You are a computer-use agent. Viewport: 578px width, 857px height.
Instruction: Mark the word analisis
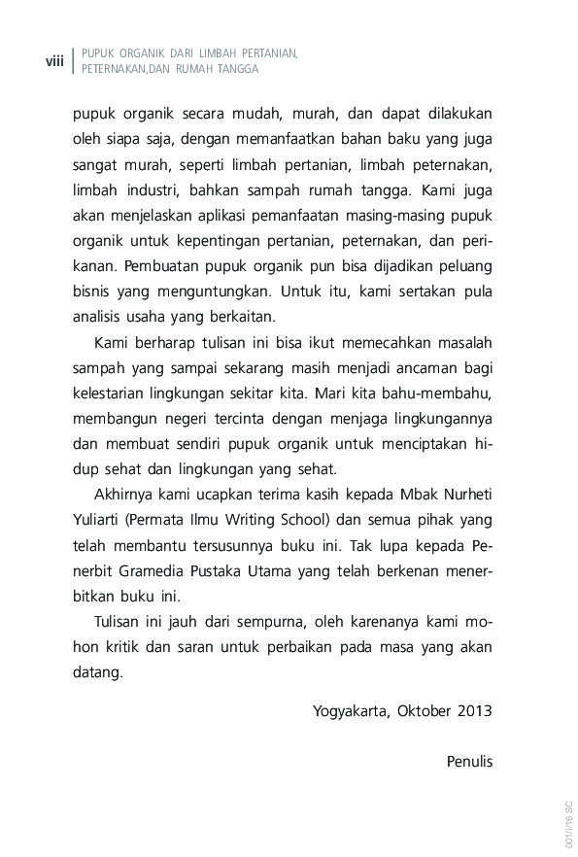[101, 315]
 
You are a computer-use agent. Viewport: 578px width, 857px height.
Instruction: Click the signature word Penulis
[470, 761]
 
